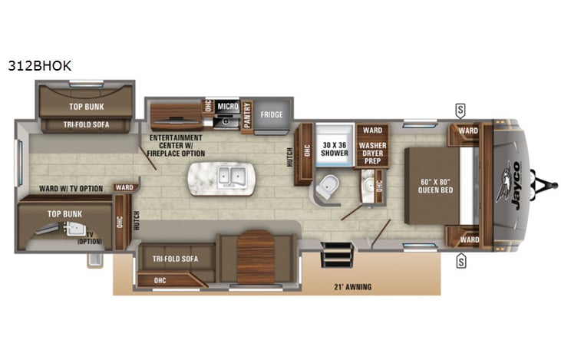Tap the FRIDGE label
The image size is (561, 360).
(271, 115)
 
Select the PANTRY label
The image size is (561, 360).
(246, 115)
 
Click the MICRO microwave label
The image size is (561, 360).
(226, 106)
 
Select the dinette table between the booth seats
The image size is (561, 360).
(256, 256)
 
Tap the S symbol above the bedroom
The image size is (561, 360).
(460, 107)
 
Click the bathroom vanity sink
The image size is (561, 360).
(368, 185)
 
